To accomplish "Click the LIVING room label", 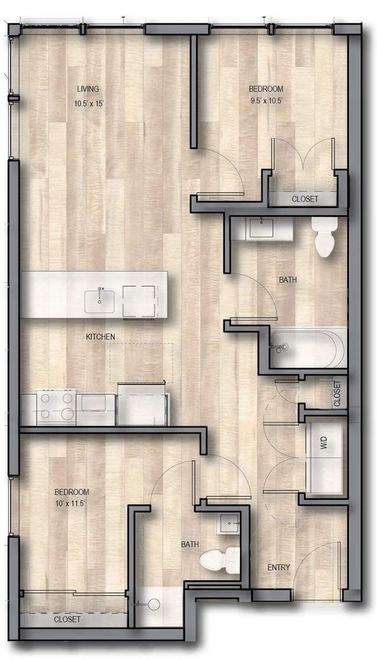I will (88, 89).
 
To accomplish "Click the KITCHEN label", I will (100, 337).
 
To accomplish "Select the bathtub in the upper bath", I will (307, 349).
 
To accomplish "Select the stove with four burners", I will (56, 407).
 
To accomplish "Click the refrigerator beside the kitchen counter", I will (142, 404).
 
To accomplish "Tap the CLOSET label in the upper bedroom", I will (305, 199).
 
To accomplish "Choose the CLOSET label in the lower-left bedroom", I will (67, 619).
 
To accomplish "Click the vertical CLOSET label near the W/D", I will (336, 394).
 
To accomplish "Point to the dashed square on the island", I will (138, 301).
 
